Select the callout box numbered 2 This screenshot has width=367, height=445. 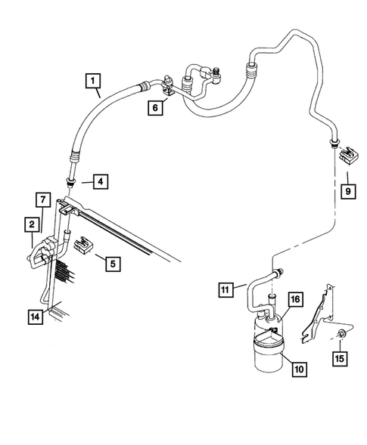32,224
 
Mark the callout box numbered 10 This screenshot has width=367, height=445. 299,369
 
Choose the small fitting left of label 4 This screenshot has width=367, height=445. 72,181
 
